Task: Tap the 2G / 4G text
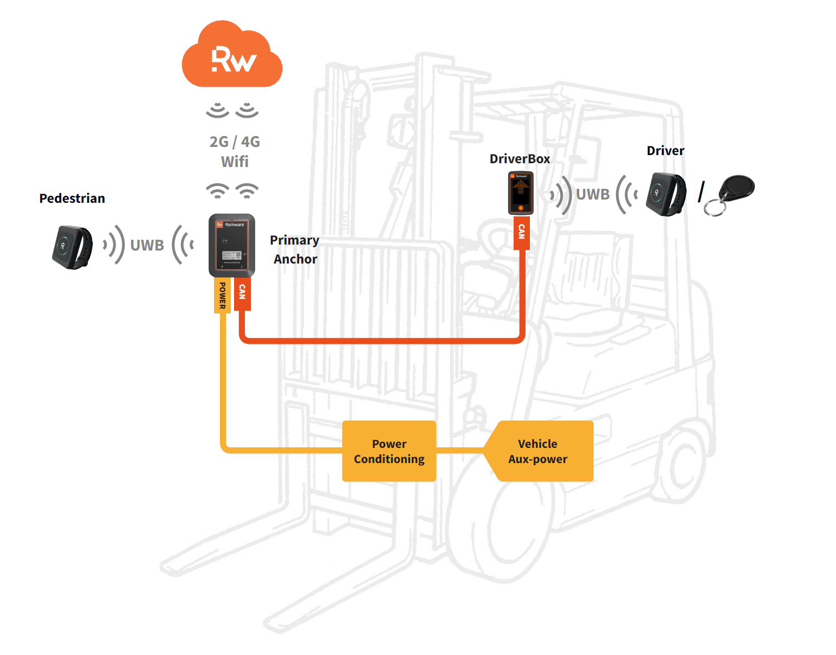[235, 142]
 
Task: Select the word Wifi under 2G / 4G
[235, 162]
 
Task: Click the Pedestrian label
[72, 198]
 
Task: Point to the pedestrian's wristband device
[72, 247]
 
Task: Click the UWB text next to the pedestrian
[147, 245]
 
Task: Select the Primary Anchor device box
[232, 246]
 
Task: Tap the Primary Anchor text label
[295, 249]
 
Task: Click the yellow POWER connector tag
[222, 296]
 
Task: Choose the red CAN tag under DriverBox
[521, 232]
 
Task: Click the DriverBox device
[521, 193]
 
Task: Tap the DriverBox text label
[520, 159]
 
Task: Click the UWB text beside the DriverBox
[592, 194]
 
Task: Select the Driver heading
[665, 151]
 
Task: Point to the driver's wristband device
[666, 194]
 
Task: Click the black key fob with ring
[732, 192]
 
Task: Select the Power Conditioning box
[389, 451]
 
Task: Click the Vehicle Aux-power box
[539, 451]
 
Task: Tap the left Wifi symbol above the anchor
[217, 190]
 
